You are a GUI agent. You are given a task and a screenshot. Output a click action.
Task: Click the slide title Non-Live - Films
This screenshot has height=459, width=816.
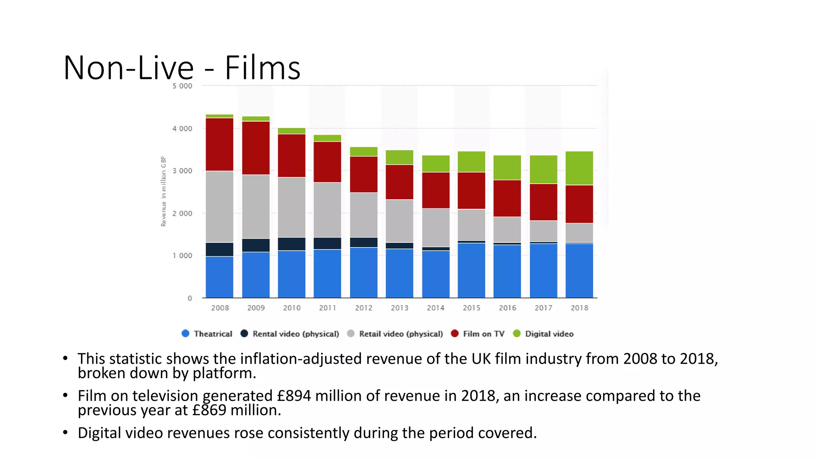(182, 68)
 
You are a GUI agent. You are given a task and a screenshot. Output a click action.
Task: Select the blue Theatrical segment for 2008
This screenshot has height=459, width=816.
(220, 277)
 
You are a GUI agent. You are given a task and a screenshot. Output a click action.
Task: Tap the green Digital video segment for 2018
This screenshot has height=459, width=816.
(579, 168)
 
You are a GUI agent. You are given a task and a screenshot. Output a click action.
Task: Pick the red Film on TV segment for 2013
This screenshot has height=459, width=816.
(399, 182)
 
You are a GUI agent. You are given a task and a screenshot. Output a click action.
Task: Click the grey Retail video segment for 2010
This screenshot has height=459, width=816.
(291, 207)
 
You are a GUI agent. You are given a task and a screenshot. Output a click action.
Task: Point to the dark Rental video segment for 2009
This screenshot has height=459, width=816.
(256, 245)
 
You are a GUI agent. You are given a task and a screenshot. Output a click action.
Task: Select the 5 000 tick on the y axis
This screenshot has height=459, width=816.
(182, 86)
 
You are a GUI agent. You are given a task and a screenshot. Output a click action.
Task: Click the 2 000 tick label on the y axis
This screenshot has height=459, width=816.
(182, 214)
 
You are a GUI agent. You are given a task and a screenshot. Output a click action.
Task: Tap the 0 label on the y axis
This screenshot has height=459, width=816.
(190, 298)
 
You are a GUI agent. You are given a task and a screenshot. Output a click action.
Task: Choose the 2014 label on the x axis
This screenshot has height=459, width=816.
(435, 308)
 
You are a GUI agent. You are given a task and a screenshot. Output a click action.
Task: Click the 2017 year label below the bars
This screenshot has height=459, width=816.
(543, 308)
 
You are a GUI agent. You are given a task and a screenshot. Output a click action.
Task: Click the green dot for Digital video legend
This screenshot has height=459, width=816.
(517, 333)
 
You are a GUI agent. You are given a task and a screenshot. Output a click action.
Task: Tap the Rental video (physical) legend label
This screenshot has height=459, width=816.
(296, 334)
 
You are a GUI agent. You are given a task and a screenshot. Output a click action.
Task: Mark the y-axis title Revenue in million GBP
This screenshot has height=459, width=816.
(163, 191)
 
